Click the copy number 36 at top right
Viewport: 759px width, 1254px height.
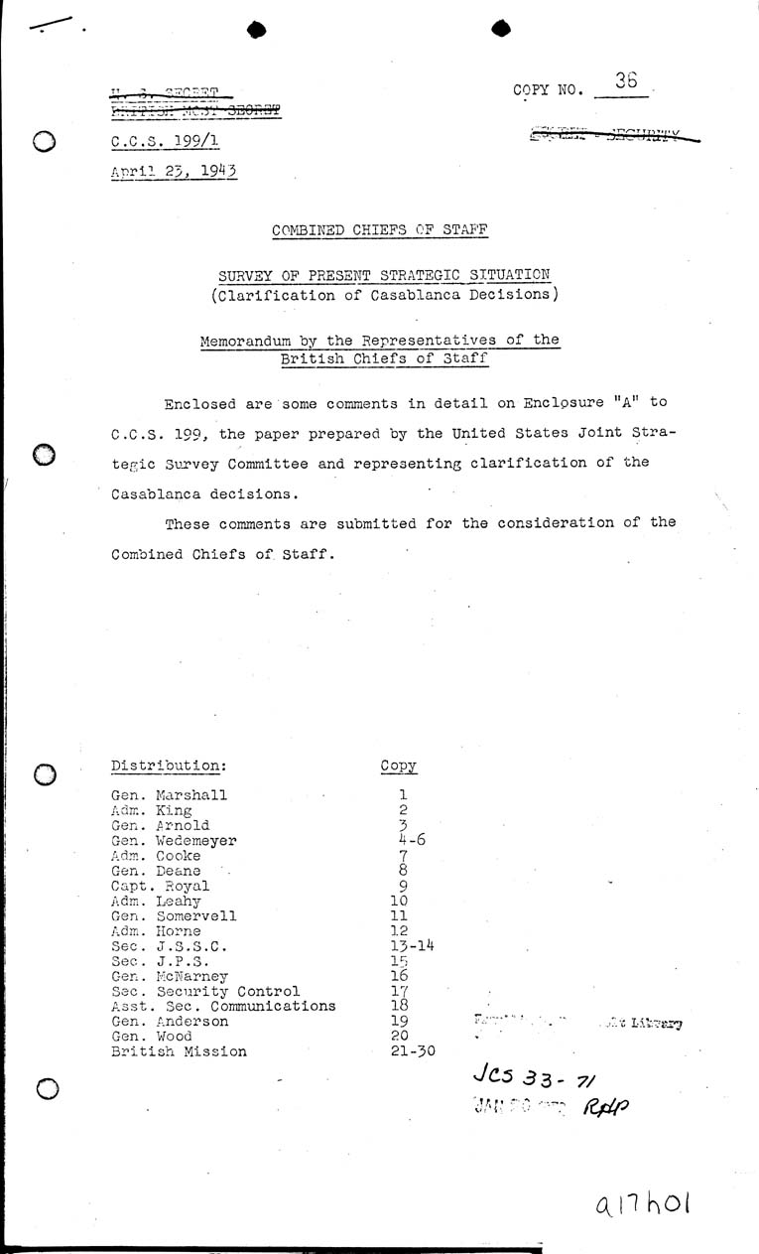click(626, 82)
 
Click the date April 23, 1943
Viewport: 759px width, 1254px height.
click(175, 170)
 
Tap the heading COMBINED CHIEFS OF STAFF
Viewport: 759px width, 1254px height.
click(380, 230)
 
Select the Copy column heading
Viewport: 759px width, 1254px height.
click(399, 766)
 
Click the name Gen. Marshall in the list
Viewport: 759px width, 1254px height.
click(170, 795)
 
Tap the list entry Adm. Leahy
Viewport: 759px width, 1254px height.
click(157, 902)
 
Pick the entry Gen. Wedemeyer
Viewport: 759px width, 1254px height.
click(175, 841)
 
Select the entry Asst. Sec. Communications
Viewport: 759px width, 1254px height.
click(223, 1006)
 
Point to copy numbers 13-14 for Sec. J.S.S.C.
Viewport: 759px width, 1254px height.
click(411, 946)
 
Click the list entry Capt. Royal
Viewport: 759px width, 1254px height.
click(161, 887)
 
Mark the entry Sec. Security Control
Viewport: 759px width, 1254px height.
click(205, 991)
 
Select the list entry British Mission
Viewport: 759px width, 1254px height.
click(179, 1051)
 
